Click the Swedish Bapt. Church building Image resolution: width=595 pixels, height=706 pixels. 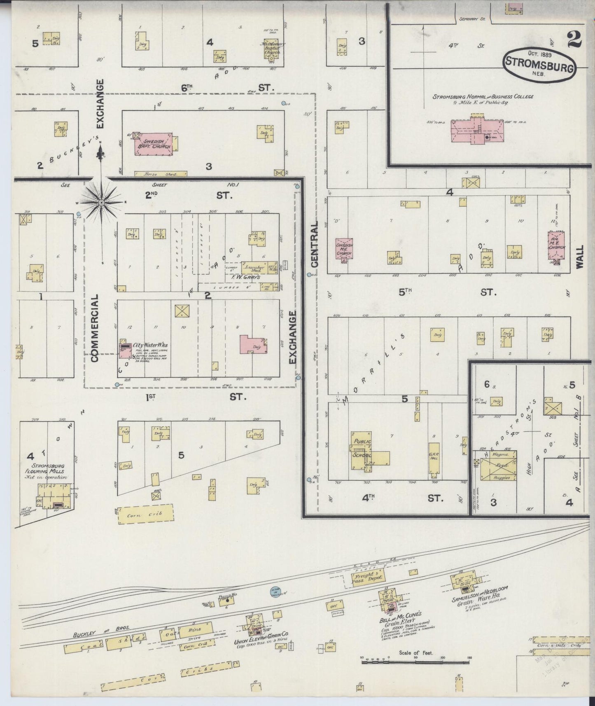pos(155,145)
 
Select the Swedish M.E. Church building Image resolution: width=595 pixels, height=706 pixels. pos(343,249)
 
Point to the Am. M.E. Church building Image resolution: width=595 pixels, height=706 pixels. pos(556,247)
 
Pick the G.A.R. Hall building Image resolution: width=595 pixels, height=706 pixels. pos(434,458)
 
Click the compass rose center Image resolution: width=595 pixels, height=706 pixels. pos(101,202)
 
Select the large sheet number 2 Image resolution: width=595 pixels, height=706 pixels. pos(574,40)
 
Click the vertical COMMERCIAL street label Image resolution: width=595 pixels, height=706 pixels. pos(94,327)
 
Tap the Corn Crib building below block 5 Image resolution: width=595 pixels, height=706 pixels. pos(146,514)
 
